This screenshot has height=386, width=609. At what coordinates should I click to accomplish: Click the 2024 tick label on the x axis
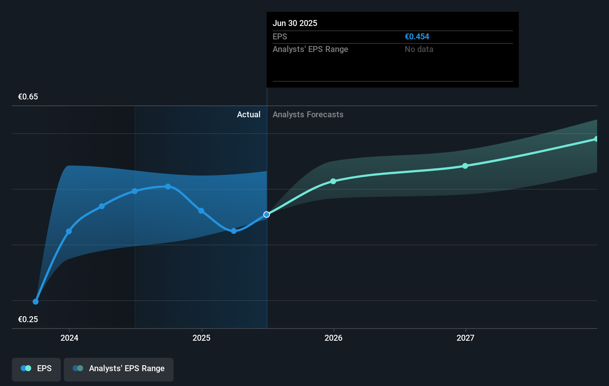coord(69,338)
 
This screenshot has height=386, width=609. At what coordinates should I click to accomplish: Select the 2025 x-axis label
coord(201,338)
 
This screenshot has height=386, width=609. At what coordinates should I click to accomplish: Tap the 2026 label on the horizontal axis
coord(333,338)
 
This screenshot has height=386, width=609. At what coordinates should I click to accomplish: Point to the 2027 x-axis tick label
coord(465,338)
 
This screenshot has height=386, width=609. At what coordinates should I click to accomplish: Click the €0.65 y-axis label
coord(28,97)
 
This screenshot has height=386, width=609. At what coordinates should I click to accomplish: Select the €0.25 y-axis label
coord(28,320)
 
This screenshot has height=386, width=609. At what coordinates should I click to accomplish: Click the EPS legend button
coord(36,369)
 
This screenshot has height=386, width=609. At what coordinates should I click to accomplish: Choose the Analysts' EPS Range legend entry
coord(119,369)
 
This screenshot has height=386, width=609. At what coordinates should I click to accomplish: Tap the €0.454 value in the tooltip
coord(417,37)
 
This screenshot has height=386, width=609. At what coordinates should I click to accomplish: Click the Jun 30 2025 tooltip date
coord(295,23)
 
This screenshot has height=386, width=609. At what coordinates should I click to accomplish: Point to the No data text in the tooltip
coord(419,49)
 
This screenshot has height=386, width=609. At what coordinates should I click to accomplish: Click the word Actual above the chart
coord(248,115)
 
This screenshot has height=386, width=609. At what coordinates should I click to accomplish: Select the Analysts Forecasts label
coord(308,115)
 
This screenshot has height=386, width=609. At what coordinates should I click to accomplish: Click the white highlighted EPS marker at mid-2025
coord(267,215)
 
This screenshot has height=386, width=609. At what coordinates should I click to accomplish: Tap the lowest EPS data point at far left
coord(36,302)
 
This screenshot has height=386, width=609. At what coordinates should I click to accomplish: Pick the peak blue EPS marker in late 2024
coord(168,186)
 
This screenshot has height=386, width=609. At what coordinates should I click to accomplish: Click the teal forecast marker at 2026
coord(333,181)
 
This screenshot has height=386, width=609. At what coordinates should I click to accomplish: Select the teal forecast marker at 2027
coord(465,166)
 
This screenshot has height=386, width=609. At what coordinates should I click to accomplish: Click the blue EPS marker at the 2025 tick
coord(201,211)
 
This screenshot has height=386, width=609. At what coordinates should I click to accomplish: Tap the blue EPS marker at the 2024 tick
coord(69,231)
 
